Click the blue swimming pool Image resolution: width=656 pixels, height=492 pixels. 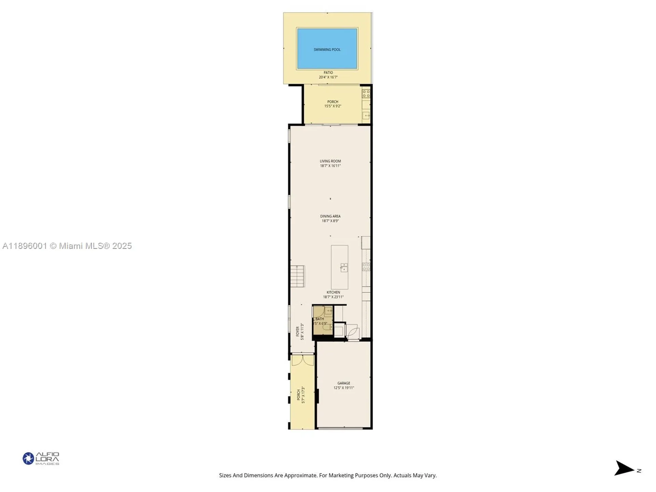tap(327, 49)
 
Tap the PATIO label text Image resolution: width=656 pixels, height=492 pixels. tap(328, 72)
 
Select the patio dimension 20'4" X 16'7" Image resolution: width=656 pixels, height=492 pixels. tap(328, 77)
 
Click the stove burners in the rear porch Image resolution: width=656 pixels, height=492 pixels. tap(366, 93)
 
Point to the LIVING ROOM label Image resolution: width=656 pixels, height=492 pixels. tap(330, 161)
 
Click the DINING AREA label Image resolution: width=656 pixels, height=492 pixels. tap(330, 216)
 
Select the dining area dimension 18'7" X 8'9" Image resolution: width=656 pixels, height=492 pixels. tap(330, 221)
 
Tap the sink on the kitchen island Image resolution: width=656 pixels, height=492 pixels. tap(344, 268)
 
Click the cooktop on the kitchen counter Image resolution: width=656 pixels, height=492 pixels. tap(366, 267)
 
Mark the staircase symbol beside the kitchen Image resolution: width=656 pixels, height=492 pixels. tap(297, 276)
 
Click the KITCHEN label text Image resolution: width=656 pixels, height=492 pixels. tap(333, 292)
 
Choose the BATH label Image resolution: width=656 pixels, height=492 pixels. tap(319, 319)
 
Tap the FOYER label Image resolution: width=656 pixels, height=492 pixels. tap(298, 331)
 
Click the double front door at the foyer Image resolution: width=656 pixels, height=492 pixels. tap(302, 360)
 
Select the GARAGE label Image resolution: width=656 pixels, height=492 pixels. tap(343, 383)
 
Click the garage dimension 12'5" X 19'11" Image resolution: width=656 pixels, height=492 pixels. tap(343, 388)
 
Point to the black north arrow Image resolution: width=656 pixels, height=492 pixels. tap(624, 468)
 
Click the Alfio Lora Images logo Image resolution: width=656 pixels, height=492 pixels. tap(41, 458)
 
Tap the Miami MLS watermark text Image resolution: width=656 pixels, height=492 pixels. tap(67, 246)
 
